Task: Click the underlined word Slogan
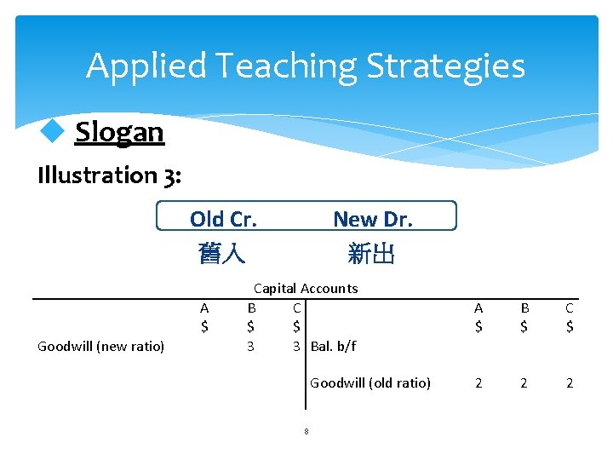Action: pyautogui.click(x=119, y=132)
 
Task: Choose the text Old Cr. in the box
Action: pyautogui.click(x=223, y=219)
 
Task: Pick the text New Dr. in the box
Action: pyautogui.click(x=372, y=219)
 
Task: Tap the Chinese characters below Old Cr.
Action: pyautogui.click(x=222, y=253)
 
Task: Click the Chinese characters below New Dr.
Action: pyautogui.click(x=371, y=253)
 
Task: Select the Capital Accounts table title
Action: pyautogui.click(x=306, y=289)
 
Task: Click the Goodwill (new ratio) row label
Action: pyautogui.click(x=101, y=346)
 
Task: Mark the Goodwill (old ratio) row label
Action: pyautogui.click(x=370, y=383)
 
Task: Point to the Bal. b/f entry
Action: pyautogui.click(x=334, y=346)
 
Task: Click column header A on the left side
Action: pyautogui.click(x=204, y=308)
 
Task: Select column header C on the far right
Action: pyautogui.click(x=569, y=308)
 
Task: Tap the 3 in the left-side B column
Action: pyautogui.click(x=250, y=346)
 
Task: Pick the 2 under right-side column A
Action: pyautogui.click(x=478, y=383)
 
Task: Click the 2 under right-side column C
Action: pyautogui.click(x=569, y=383)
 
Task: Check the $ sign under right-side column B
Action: pyautogui.click(x=524, y=326)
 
